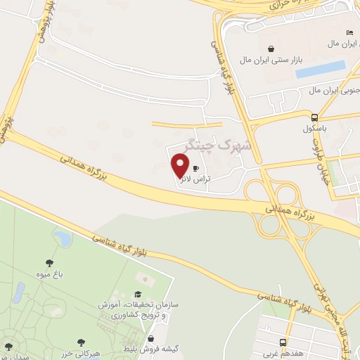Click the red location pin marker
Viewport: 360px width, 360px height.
tap(181, 165)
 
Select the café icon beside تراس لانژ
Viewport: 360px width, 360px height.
tap(195, 169)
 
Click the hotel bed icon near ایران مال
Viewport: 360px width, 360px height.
tap(349, 32)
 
